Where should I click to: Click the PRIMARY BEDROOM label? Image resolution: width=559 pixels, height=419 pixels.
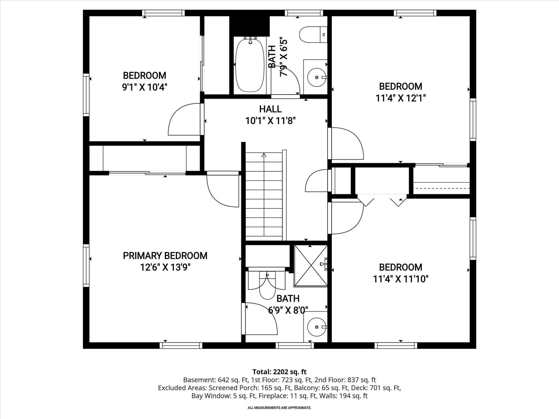(165, 256)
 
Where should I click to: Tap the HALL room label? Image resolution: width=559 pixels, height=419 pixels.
(270, 109)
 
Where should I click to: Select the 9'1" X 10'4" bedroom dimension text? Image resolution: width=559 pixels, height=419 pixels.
(144, 87)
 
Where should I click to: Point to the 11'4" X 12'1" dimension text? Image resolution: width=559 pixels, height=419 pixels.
(400, 98)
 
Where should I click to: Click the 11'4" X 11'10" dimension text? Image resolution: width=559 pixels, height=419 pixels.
(400, 279)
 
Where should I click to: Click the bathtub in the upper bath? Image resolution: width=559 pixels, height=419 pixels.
(250, 65)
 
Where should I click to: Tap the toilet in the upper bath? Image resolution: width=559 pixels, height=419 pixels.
(313, 35)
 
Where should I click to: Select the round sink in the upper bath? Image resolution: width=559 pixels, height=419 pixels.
(316, 77)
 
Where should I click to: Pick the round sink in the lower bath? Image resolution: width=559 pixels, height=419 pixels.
(316, 327)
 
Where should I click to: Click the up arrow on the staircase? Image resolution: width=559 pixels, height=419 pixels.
(264, 156)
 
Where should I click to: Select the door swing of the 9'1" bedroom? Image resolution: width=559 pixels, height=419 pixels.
(184, 120)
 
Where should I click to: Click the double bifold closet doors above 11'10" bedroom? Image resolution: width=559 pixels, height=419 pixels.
(382, 200)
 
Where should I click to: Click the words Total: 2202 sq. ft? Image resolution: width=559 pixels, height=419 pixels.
(279, 372)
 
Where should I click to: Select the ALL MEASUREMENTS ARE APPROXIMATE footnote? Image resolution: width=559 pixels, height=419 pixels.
(279, 408)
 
